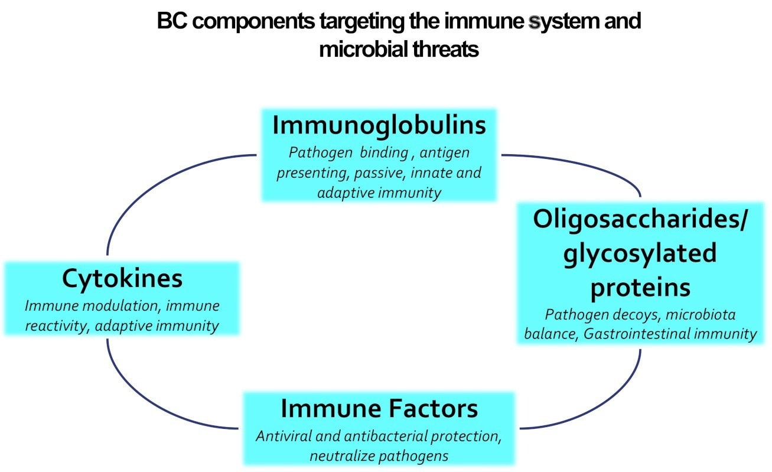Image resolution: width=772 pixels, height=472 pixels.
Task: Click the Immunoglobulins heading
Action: [x=379, y=125]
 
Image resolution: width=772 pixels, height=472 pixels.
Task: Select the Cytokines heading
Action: [x=122, y=279]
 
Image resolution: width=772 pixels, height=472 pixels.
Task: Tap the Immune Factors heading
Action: [x=379, y=409]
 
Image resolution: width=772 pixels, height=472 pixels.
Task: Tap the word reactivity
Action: [x=54, y=325]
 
